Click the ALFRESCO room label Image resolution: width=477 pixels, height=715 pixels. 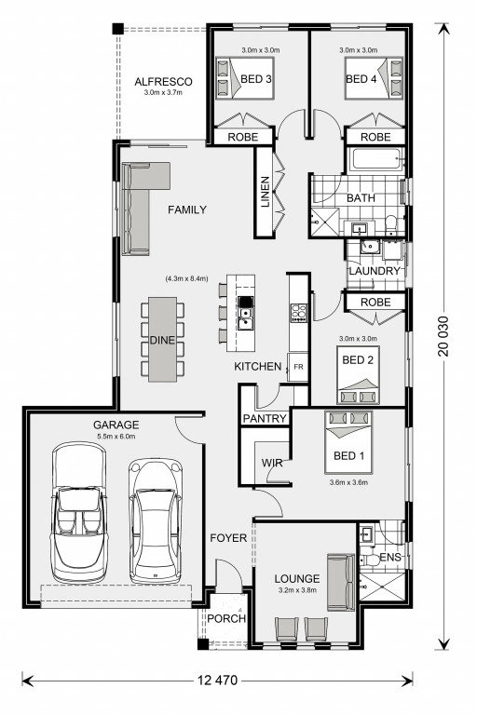point(163,82)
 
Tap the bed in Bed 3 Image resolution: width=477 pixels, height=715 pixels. point(245,78)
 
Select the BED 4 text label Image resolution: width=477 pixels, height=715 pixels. point(361,79)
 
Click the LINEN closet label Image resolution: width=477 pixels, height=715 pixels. point(266,192)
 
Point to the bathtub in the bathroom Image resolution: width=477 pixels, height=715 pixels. point(375,160)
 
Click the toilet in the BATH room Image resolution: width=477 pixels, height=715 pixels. point(390,225)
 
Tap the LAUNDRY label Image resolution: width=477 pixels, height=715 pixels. point(375,271)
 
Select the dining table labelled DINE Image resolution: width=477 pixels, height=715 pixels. point(162,340)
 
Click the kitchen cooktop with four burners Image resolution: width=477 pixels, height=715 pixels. point(299,313)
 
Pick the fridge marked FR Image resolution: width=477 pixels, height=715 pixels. point(298,367)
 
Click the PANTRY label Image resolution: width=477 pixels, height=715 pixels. point(265,418)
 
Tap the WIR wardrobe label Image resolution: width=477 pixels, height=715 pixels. point(272,463)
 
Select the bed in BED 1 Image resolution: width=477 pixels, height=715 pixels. point(348,442)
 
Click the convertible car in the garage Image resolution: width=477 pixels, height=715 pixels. point(79,512)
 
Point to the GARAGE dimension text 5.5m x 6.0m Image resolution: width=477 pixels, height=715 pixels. point(116,437)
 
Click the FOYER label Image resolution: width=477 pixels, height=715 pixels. point(228,538)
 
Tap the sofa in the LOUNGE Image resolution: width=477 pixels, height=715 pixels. point(341,582)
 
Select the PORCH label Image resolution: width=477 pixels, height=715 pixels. point(226,619)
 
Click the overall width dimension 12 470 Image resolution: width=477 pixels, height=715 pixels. point(217,681)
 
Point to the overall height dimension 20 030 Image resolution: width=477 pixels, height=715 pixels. point(443,336)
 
